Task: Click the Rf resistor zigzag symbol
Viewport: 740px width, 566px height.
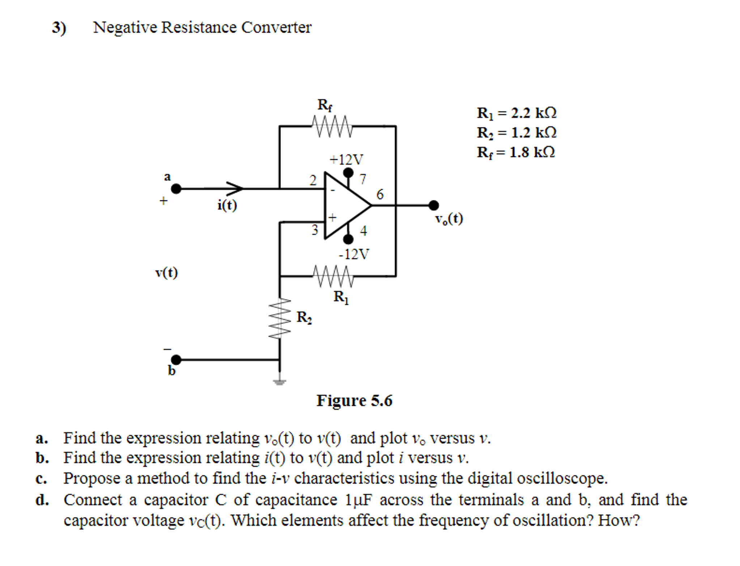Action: [332, 126]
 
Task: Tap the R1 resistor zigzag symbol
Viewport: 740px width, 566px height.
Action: [333, 276]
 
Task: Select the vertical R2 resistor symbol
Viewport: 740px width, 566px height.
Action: [280, 318]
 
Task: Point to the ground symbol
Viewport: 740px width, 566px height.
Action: [279, 382]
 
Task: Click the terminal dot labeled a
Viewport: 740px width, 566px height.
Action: [176, 188]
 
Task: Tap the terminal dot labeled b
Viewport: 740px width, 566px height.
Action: [176, 360]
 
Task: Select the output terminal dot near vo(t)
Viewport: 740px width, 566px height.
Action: [434, 205]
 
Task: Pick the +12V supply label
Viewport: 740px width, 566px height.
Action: [346, 159]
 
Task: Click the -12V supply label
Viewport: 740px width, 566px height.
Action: [354, 254]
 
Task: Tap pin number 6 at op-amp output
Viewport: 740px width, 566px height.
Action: [380, 195]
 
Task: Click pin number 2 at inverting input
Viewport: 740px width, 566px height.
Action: [313, 180]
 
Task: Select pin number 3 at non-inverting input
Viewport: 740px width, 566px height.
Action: [315, 230]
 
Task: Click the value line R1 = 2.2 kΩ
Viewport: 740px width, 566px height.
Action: [516, 113]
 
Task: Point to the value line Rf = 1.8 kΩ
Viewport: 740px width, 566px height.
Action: [515, 152]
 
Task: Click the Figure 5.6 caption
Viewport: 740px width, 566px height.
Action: [354, 401]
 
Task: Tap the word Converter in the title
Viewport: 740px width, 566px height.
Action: [276, 27]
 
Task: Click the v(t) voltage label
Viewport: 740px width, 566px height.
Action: [167, 272]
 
